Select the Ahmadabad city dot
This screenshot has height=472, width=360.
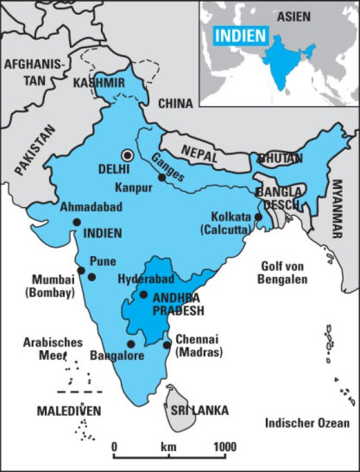77,222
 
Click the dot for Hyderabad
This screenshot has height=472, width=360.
144,295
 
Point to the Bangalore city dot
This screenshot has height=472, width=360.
130,343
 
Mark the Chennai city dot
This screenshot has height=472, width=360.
167,345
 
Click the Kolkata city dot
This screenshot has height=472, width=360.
258,217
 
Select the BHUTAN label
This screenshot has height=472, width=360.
276,159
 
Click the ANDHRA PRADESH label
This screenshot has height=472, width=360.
177,305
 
